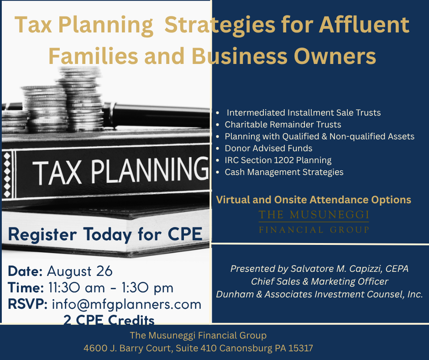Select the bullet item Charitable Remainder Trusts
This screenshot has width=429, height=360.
(283, 125)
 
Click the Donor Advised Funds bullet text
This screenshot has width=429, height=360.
(268, 148)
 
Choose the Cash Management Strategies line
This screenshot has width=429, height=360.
(284, 172)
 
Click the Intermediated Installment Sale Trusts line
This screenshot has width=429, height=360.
(303, 112)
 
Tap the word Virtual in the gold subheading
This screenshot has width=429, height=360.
(233, 200)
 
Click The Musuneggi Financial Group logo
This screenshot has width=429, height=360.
(314, 222)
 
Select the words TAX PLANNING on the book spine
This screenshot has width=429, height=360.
(120, 171)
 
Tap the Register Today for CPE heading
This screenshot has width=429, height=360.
(105, 234)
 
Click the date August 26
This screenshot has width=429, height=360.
(79, 271)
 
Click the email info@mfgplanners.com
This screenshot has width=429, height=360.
(127, 305)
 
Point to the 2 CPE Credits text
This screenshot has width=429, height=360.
(109, 319)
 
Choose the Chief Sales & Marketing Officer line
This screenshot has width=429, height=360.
(319, 281)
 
